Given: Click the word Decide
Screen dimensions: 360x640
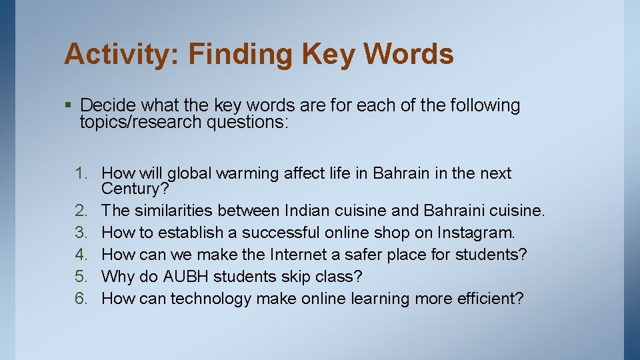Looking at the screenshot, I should [106, 105].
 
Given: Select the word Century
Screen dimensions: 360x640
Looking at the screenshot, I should [132, 189].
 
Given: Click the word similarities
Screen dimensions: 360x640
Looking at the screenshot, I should [173, 211].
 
